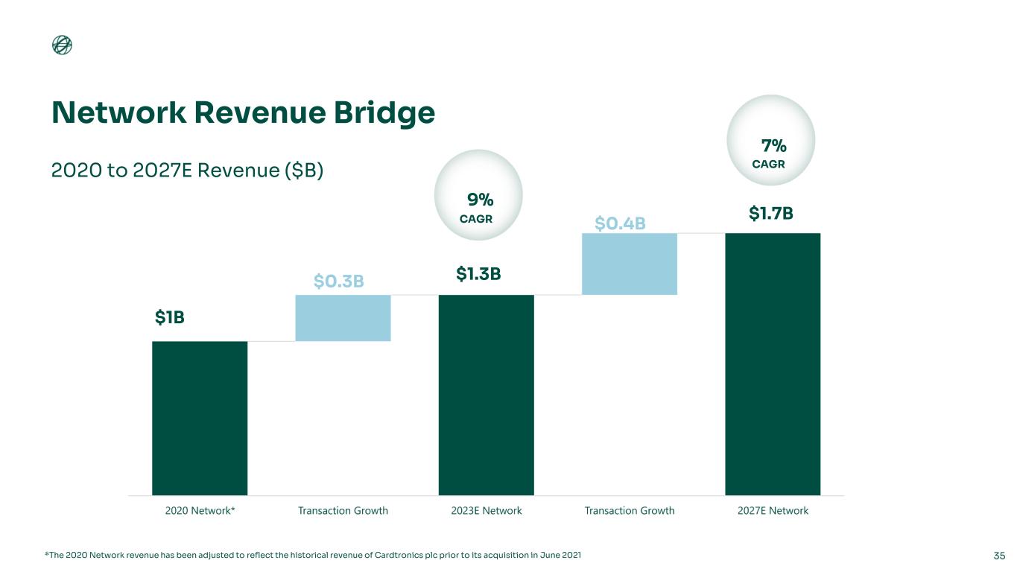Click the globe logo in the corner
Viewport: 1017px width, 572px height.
pyautogui.click(x=63, y=45)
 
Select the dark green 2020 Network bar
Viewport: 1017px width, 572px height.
pyautogui.click(x=200, y=418)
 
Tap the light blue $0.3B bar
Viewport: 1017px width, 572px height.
pyautogui.click(x=343, y=318)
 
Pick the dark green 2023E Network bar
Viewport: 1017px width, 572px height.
pyautogui.click(x=486, y=395)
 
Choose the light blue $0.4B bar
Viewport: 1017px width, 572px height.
pyautogui.click(x=630, y=264)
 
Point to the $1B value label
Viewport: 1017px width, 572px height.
pyautogui.click(x=169, y=317)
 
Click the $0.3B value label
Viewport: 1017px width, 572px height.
pyautogui.click(x=338, y=281)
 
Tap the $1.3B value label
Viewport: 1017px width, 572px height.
pyautogui.click(x=478, y=275)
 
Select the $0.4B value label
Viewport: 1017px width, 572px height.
pyautogui.click(x=619, y=223)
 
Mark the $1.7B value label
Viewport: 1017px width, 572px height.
pyautogui.click(x=770, y=214)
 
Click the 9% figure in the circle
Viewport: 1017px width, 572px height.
pyautogui.click(x=481, y=200)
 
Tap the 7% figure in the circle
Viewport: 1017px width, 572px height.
pyautogui.click(x=773, y=144)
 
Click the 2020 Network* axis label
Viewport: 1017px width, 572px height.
pyautogui.click(x=200, y=511)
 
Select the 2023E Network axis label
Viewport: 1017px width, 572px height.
pyautogui.click(x=486, y=511)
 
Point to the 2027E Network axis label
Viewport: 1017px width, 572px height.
pyautogui.click(x=773, y=511)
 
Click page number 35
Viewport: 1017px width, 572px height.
pyautogui.click(x=999, y=556)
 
